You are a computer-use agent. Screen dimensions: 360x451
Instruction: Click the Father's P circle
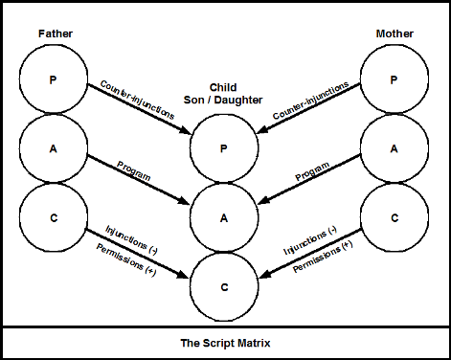point(55,80)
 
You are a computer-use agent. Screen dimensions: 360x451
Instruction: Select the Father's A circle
point(55,148)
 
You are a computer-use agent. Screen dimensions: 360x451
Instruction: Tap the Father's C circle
point(55,217)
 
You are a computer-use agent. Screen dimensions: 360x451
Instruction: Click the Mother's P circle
point(395,80)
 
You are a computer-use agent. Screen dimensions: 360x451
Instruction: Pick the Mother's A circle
point(395,148)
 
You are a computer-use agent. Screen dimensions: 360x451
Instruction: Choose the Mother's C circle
point(395,217)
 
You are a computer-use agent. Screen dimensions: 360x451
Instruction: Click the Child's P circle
point(225,149)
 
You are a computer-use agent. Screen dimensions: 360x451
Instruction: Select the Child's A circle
point(225,217)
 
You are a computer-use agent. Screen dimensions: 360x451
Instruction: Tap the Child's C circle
point(225,285)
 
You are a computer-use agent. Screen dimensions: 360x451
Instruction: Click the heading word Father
point(56,34)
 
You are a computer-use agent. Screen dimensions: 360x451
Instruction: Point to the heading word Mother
point(395,34)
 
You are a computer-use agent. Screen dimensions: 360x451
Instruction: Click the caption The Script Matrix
point(225,342)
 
